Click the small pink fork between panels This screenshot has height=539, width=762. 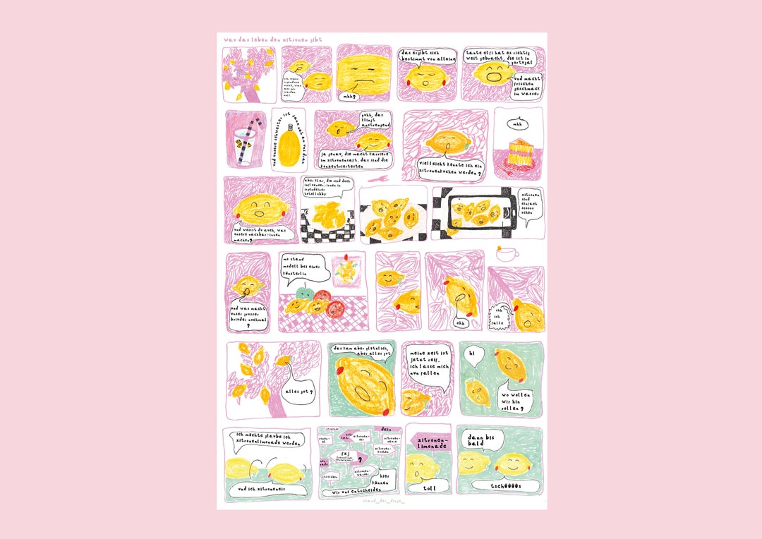tap(384, 180)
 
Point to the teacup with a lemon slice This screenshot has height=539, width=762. tap(509, 253)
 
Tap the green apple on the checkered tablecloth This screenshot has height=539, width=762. tap(304, 294)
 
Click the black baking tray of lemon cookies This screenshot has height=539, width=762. tap(475, 211)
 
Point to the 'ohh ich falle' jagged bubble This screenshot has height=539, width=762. tap(502, 314)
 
